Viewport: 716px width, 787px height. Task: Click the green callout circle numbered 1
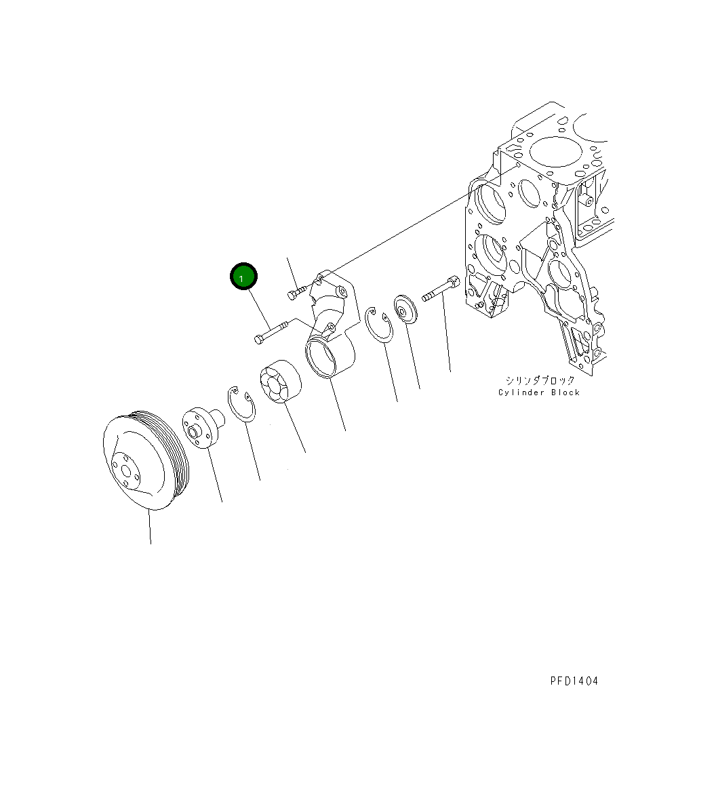tap(243, 277)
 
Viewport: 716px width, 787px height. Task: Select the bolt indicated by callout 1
tap(271, 332)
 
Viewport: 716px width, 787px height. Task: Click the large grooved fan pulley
tap(146, 460)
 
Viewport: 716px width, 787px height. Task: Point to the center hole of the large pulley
tap(125, 471)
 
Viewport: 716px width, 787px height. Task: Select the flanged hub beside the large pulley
tap(203, 427)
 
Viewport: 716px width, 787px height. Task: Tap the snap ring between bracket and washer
tap(379, 326)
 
